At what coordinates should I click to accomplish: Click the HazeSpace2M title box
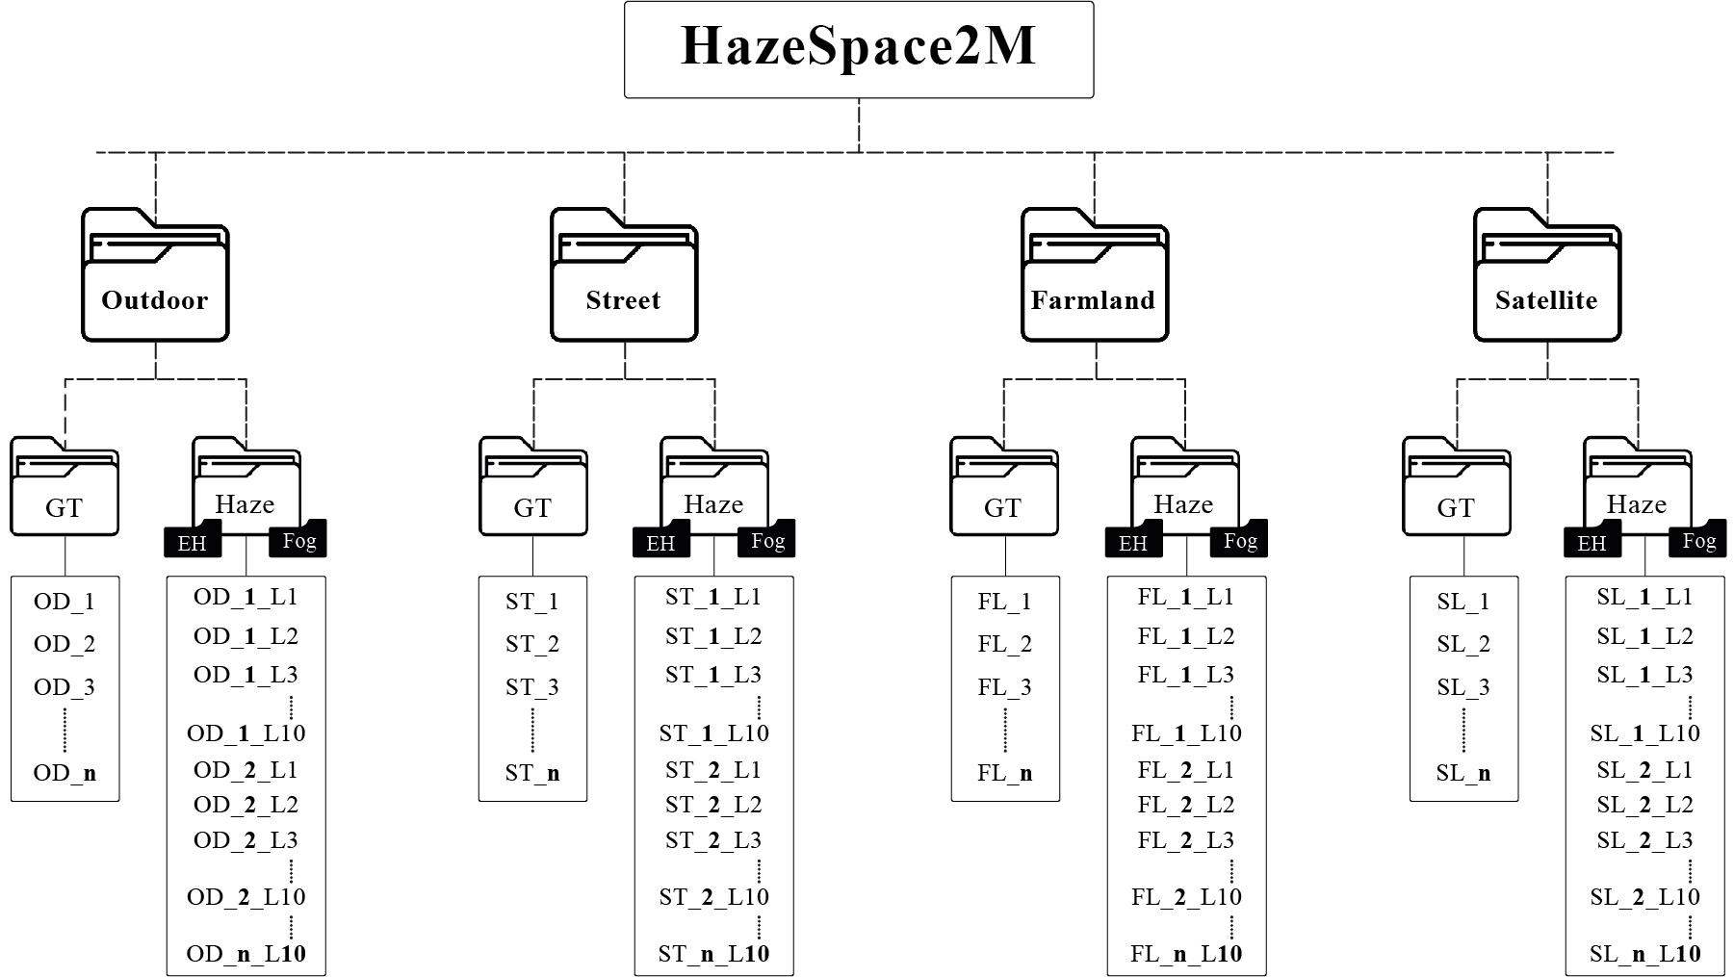tap(858, 49)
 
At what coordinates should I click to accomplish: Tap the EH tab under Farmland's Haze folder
tap(1133, 543)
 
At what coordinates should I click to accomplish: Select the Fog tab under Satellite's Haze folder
tap(1699, 541)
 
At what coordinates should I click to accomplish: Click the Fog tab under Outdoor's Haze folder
tap(298, 541)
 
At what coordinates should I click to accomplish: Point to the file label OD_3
tap(65, 687)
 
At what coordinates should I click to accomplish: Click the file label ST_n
tap(532, 773)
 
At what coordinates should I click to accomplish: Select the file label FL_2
tap(1004, 644)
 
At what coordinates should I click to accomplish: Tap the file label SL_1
tap(1463, 602)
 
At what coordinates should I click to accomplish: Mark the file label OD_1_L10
tap(246, 733)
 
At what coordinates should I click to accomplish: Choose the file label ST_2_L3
tap(713, 840)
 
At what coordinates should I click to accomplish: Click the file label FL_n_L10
tap(1186, 954)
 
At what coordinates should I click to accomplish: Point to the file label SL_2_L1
tap(1644, 770)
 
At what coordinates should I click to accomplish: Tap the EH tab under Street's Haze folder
tap(660, 543)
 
